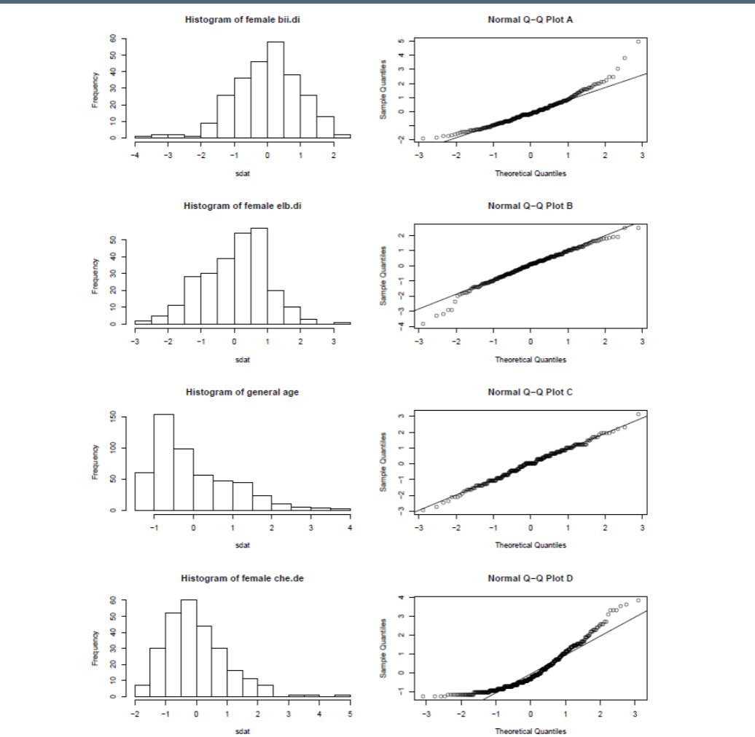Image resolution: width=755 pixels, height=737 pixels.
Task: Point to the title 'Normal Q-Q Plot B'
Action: pos(530,206)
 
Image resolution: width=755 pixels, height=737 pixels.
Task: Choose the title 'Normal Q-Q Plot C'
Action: pos(530,393)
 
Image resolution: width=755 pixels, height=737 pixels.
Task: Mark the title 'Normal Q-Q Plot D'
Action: pos(530,578)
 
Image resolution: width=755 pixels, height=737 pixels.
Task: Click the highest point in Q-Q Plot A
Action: pos(639,42)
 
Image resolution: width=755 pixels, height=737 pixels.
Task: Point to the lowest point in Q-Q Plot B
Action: pos(423,323)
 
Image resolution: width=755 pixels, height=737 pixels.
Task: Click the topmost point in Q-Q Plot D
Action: pos(638,600)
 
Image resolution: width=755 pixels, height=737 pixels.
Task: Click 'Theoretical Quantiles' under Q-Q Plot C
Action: pos(530,544)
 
